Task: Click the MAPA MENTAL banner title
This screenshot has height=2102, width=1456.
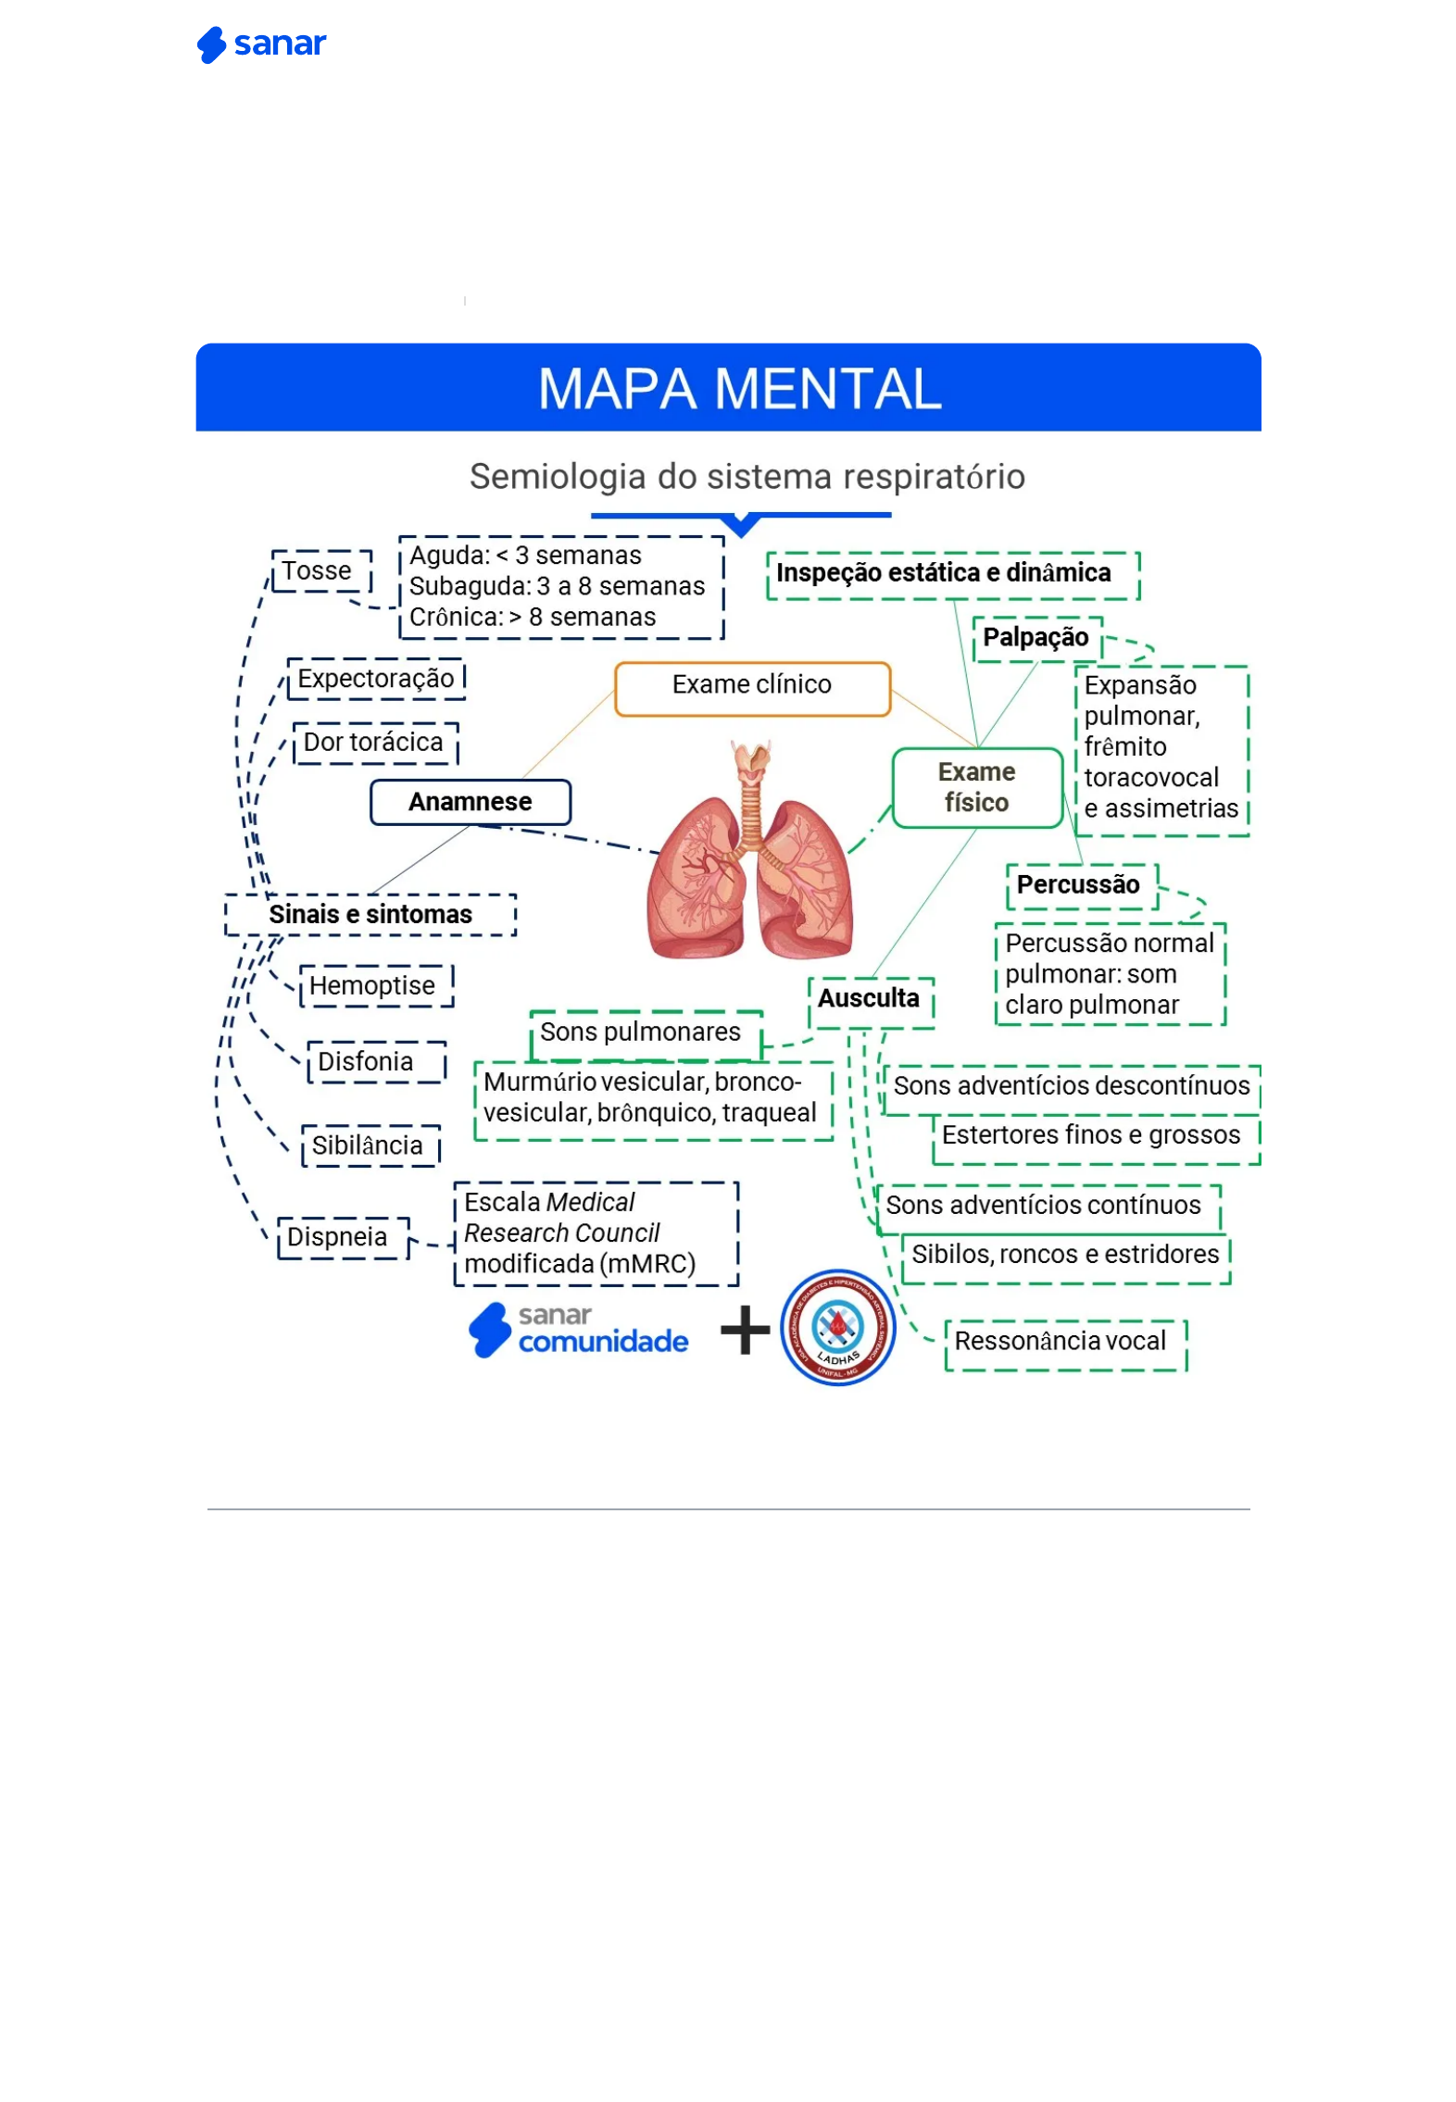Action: point(738,388)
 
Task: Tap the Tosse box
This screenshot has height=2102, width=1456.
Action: point(320,570)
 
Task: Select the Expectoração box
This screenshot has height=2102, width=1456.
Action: point(375,679)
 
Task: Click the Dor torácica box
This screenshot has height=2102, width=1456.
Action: point(375,743)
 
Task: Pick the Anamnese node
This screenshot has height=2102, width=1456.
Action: point(470,802)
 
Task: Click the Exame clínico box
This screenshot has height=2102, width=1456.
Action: point(751,685)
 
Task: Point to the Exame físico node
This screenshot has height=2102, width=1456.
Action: point(976,787)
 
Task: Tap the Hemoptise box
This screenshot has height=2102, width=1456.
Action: point(375,986)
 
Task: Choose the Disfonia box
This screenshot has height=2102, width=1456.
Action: point(375,1062)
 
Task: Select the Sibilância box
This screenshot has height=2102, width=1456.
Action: point(370,1146)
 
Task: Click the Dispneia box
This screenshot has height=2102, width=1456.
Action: point(342,1237)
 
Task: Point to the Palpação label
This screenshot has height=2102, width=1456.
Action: point(1036,638)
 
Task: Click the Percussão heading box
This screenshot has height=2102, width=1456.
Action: point(1080,885)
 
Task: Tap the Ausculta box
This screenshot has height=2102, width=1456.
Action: point(870,1000)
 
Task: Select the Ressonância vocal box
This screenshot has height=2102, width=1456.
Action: point(1064,1343)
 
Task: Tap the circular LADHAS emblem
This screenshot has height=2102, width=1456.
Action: point(837,1327)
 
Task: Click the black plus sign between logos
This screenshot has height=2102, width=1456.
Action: point(745,1331)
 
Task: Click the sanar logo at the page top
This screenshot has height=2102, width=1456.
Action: point(261,44)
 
